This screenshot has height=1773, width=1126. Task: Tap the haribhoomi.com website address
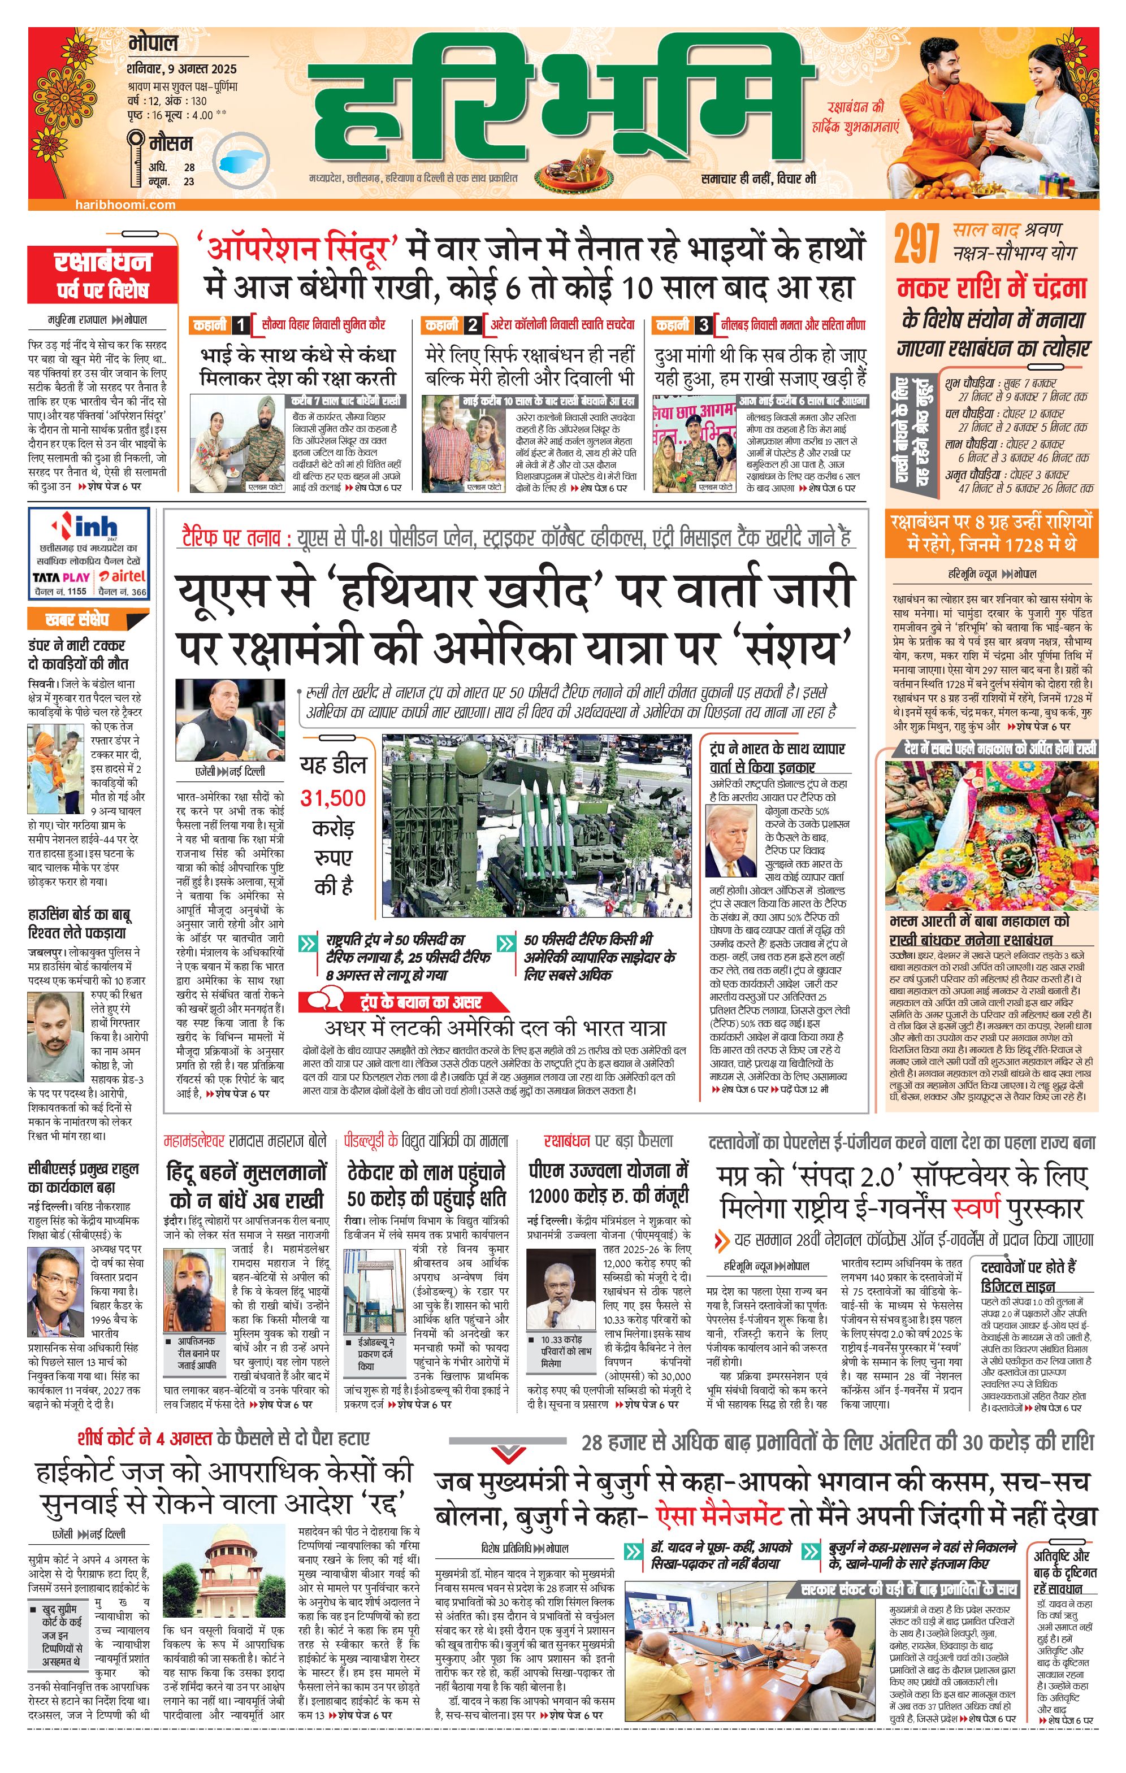click(125, 205)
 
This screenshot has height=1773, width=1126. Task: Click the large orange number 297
click(917, 245)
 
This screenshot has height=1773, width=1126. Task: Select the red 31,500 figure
click(333, 798)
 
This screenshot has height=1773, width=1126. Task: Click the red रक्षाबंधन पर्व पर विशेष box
click(102, 275)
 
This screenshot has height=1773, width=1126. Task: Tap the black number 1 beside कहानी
click(241, 325)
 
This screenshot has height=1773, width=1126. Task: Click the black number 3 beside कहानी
click(705, 325)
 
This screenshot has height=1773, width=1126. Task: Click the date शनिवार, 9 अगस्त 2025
click(181, 69)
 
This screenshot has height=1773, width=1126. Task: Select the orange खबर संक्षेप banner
click(77, 619)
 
